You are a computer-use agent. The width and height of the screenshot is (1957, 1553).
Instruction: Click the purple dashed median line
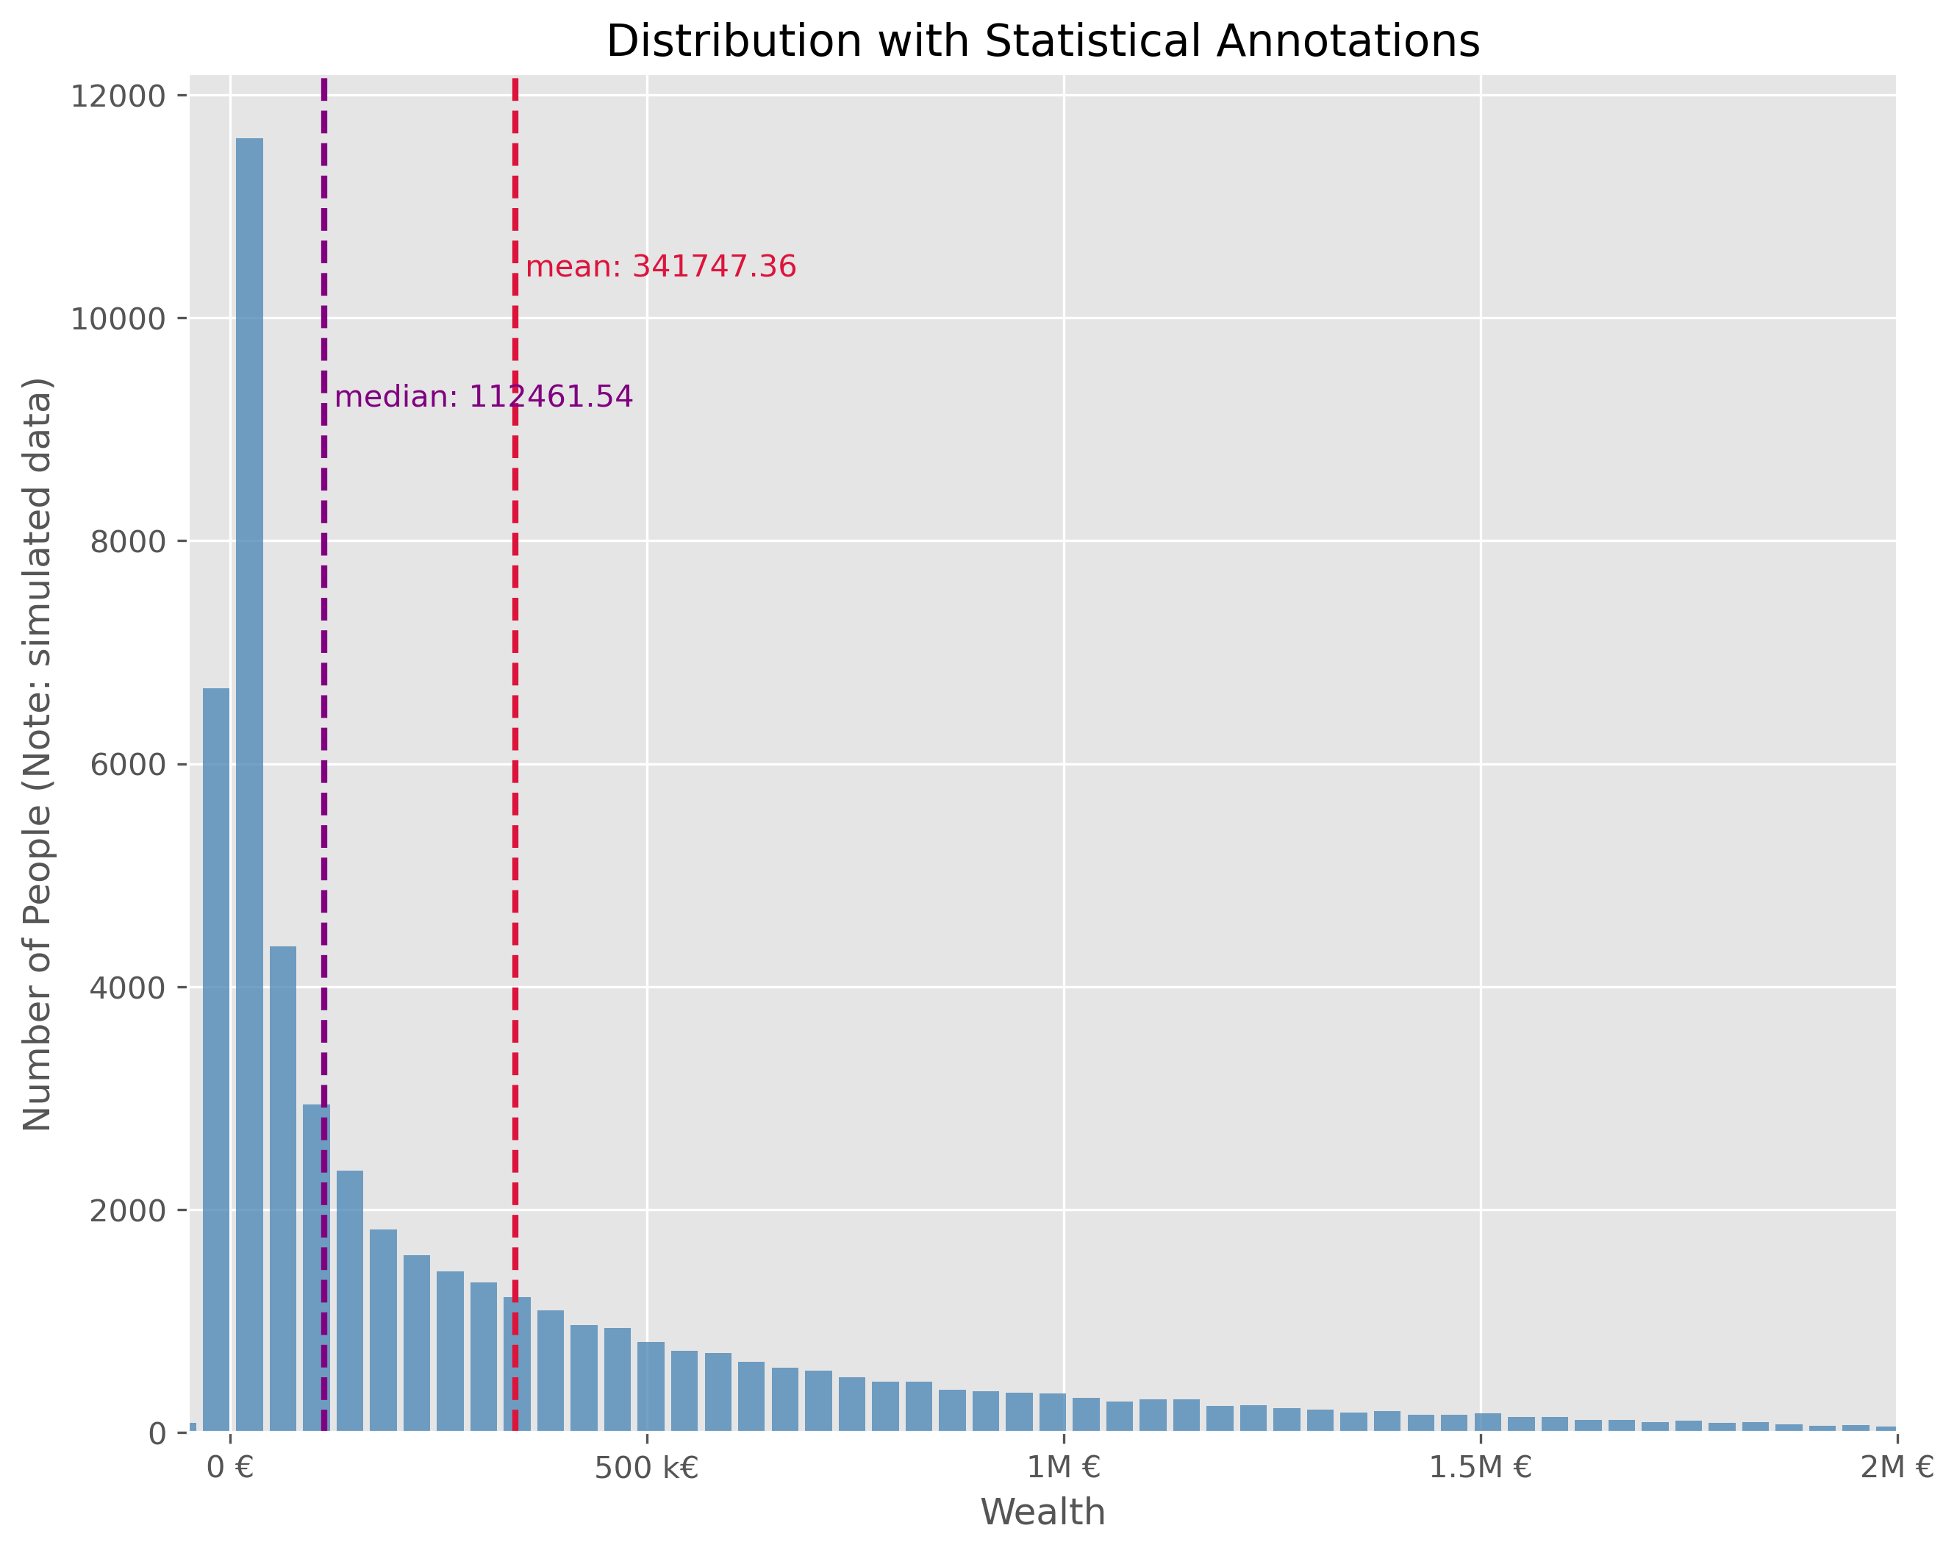324,635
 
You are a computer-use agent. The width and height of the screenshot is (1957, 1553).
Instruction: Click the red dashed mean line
515,726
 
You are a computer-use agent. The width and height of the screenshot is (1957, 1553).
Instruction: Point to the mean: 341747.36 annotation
661,268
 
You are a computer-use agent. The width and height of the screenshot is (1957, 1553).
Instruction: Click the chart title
1043,42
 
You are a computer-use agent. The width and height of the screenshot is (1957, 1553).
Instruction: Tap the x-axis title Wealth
1043,1512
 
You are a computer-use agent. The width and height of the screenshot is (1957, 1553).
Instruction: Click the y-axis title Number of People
38,754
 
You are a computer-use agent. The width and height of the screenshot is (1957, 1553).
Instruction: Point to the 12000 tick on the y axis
118,96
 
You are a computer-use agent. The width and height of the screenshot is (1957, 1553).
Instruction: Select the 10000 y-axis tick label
118,318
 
